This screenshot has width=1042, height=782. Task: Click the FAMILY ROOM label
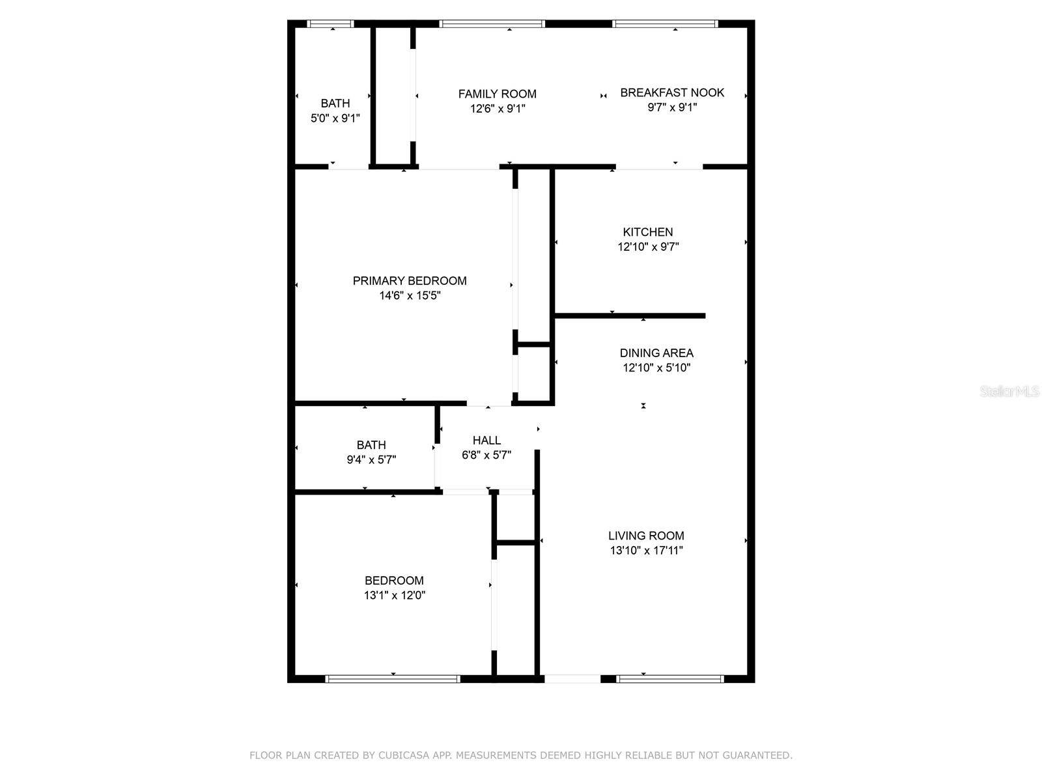click(497, 94)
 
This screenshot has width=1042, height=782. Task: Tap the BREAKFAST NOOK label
click(671, 93)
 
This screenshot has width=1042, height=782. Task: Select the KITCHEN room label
click(647, 232)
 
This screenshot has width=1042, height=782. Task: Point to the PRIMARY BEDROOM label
click(410, 281)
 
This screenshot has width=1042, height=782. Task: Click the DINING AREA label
click(656, 353)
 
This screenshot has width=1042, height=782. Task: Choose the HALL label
click(486, 441)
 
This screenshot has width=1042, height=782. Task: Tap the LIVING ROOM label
click(646, 536)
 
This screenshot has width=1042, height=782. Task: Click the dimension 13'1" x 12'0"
click(395, 595)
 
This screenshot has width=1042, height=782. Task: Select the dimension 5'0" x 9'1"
click(335, 118)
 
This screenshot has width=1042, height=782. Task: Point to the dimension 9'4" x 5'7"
click(371, 459)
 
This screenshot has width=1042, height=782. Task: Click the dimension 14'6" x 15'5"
click(410, 296)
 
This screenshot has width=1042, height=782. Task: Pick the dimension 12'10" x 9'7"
click(648, 247)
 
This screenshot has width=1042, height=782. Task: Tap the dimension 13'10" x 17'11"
click(646, 551)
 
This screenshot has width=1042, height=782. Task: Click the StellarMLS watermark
click(1009, 392)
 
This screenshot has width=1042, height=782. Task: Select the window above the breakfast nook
click(664, 24)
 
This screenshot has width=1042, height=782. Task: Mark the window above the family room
click(492, 24)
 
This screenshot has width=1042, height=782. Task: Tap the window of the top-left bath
click(330, 24)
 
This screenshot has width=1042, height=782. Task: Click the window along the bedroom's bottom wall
click(393, 679)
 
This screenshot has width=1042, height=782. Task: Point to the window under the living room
click(669, 679)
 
